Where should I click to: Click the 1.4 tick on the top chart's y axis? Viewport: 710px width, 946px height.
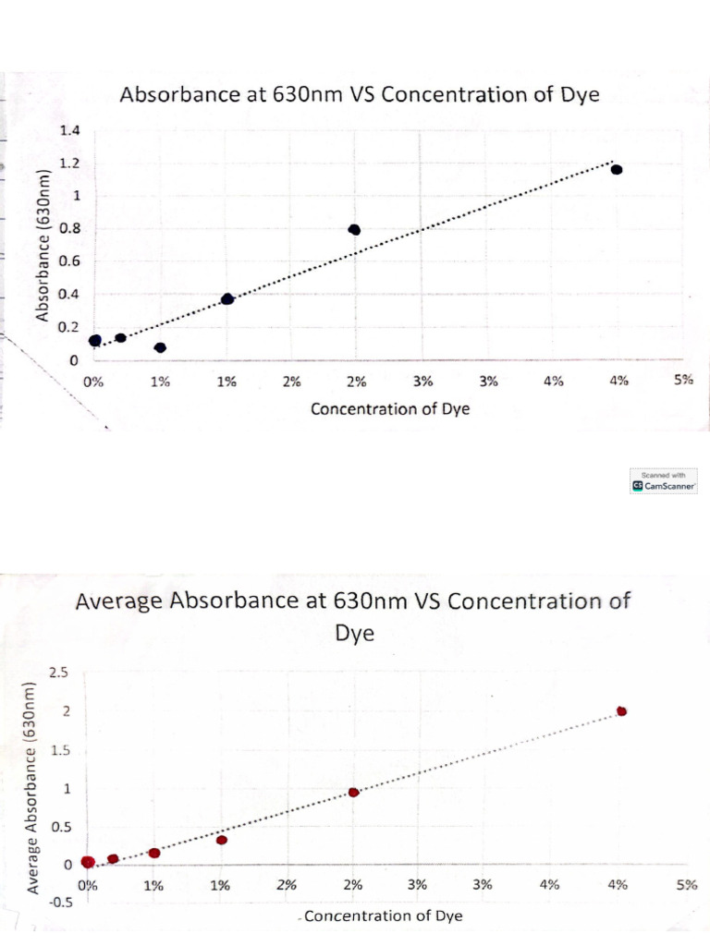pos(70,130)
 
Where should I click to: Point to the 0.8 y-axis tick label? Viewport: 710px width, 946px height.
pos(70,228)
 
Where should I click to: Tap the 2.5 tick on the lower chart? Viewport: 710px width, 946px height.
pos(58,672)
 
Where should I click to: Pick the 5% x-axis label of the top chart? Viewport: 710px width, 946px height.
pos(683,380)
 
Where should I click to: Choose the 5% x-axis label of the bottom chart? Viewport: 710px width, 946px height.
pos(686,884)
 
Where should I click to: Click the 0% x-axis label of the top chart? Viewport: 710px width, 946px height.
pos(93,380)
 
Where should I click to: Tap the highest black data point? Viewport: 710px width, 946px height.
pos(617,169)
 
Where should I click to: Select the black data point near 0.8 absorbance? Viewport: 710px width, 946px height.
pos(354,229)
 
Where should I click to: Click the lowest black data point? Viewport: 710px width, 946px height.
pos(160,347)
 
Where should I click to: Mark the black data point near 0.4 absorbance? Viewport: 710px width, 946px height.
pos(227,298)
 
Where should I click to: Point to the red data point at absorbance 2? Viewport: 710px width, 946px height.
pos(622,710)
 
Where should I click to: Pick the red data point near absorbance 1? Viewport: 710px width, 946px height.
pos(353,792)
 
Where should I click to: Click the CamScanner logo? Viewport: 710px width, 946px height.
pos(664,485)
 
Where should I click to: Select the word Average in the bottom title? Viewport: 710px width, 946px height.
pos(125,601)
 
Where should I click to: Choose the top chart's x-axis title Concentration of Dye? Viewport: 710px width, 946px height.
pos(389,409)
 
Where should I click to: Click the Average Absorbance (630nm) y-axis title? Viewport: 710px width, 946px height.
pos(32,786)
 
